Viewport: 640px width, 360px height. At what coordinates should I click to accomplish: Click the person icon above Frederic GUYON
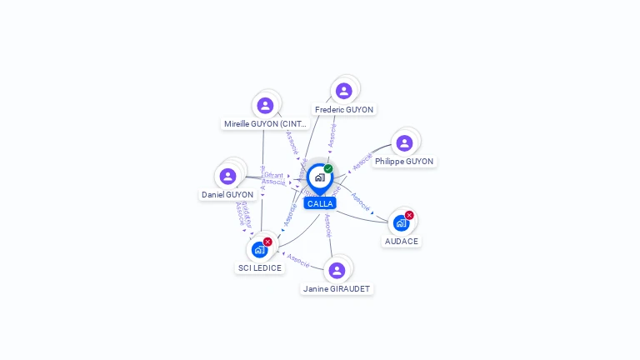(x=344, y=91)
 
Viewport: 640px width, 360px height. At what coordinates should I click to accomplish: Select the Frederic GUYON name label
(x=344, y=109)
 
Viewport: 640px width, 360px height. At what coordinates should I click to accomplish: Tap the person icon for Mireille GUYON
(x=265, y=105)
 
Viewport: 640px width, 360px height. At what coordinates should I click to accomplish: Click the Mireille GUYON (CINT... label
(x=266, y=123)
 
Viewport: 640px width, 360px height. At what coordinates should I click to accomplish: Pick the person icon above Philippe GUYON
(x=404, y=143)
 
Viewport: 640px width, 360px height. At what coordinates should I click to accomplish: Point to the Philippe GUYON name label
(x=404, y=162)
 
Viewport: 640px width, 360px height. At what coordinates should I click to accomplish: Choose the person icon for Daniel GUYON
(x=227, y=177)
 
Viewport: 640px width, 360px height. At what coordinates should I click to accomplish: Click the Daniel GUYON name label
(x=227, y=195)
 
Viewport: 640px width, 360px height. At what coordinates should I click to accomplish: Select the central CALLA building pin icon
(x=319, y=177)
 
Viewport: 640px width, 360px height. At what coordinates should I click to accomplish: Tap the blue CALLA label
(x=320, y=203)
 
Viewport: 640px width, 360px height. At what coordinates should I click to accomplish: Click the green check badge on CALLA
(x=328, y=169)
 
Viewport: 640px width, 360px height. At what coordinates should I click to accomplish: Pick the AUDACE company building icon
(x=401, y=223)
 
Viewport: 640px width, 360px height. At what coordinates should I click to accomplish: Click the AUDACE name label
(x=402, y=241)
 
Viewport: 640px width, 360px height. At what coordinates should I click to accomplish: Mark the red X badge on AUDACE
(x=409, y=215)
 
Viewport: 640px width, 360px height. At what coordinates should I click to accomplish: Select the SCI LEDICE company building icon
(x=259, y=250)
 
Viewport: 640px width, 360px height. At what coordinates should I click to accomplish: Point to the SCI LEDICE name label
(x=260, y=268)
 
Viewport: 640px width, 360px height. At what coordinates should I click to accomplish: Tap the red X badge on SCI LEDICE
(x=267, y=242)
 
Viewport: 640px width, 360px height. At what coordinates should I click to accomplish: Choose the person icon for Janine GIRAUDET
(x=337, y=270)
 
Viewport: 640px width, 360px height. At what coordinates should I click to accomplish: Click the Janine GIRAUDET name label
(x=337, y=289)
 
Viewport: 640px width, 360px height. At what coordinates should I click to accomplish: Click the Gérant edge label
(x=274, y=175)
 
